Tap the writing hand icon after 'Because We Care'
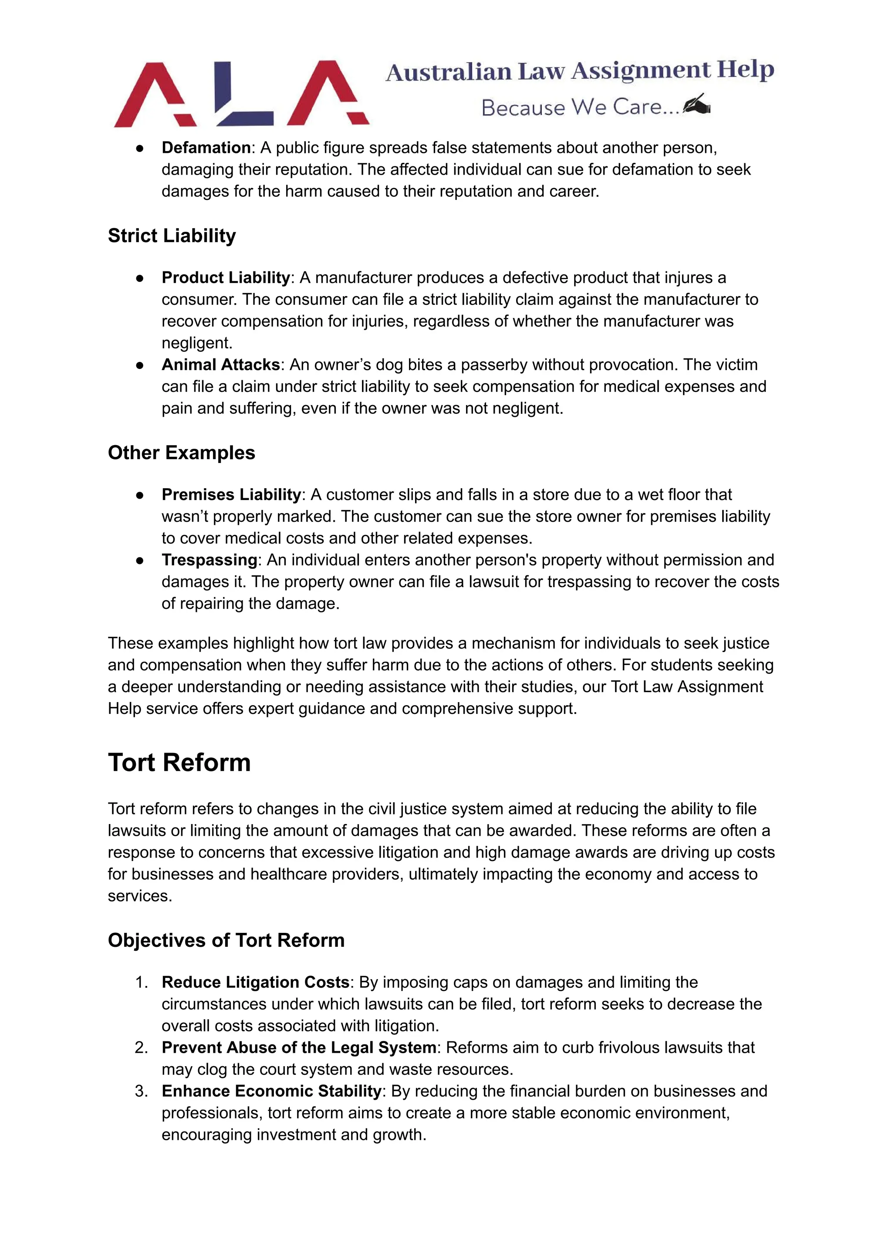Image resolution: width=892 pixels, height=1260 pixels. (x=696, y=105)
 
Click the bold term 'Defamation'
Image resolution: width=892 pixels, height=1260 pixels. (x=206, y=148)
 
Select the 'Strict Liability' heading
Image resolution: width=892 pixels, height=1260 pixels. (x=172, y=236)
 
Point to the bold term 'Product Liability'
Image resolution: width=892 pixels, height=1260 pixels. (x=225, y=277)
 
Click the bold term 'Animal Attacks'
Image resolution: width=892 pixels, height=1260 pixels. (x=221, y=365)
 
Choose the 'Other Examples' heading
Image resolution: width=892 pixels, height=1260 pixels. (x=181, y=453)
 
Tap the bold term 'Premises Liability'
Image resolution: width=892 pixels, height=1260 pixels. (x=231, y=494)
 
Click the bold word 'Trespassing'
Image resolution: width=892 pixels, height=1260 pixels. (x=209, y=560)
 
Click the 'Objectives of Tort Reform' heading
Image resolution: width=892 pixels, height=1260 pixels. (x=226, y=940)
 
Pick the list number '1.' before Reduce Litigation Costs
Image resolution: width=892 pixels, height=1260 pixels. (x=142, y=982)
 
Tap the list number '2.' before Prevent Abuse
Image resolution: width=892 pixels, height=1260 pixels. (x=142, y=1047)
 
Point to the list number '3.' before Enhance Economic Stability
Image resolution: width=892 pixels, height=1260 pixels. (x=142, y=1091)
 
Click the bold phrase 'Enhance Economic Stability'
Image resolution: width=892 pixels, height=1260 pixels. (x=271, y=1091)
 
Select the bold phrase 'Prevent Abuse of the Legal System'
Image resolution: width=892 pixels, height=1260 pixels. (x=299, y=1047)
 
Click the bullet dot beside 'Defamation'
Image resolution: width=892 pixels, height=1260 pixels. (x=140, y=149)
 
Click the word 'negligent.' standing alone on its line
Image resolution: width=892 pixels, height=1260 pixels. (x=196, y=343)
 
